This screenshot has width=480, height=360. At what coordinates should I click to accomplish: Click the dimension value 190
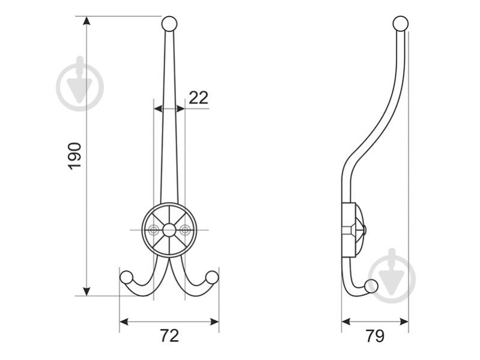coord(74,156)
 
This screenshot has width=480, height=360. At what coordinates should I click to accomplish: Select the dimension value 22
coord(198,97)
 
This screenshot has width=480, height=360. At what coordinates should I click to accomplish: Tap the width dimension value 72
coord(169,336)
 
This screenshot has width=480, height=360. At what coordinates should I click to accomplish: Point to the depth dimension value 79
coord(375,336)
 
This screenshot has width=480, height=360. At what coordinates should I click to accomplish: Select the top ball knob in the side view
coord(401,24)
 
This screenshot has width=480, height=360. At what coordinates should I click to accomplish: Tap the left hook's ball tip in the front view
coord(127,277)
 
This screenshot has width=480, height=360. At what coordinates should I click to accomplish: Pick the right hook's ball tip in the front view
coord(212,277)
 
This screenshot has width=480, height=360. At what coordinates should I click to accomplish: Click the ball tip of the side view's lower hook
coord(372,286)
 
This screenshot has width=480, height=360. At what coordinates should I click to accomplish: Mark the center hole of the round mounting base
coord(169,229)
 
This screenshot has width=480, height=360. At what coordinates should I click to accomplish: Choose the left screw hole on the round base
coord(154,229)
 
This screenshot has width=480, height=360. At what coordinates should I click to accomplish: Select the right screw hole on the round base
coord(184,229)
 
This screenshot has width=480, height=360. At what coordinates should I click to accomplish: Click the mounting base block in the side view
coord(350,229)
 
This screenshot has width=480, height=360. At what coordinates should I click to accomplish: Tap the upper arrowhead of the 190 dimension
coord(87,22)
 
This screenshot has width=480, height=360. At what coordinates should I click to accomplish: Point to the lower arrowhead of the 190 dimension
coord(87,291)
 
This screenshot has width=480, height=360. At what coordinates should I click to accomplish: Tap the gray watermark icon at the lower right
coord(392,275)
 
